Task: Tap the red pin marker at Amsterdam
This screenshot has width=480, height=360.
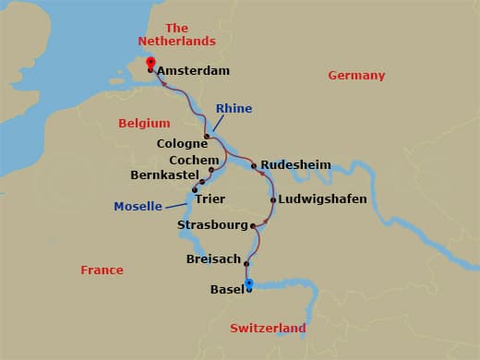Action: pos(150,64)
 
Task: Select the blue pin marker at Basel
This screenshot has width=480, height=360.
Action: pos(248,283)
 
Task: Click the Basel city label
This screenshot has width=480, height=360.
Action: pos(227,290)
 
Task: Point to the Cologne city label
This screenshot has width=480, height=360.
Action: pos(183,144)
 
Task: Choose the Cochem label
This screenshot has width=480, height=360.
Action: pos(183,160)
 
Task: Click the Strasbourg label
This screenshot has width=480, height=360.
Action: pos(212,225)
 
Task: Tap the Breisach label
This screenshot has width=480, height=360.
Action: pos(213,259)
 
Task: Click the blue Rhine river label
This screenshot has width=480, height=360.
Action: pos(234,109)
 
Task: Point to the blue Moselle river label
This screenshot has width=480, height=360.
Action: pos(138,206)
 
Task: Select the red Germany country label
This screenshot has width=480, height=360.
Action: pos(356,75)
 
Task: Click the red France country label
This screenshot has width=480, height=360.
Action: pos(102,270)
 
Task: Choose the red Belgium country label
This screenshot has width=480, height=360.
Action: pos(145,123)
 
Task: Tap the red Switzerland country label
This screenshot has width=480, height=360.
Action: pos(267,329)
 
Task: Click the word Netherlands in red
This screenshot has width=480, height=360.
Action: pos(176,42)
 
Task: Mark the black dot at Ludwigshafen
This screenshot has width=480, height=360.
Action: pos(273,199)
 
